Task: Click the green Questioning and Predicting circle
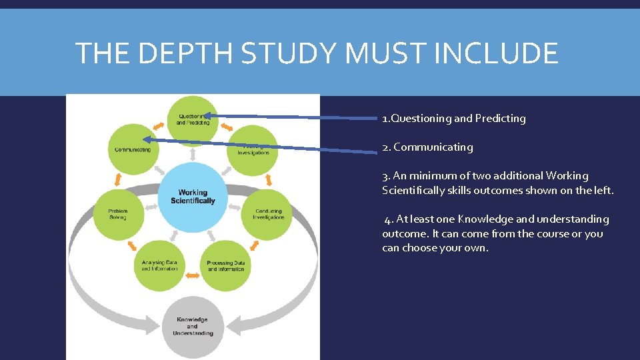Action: (x=193, y=119)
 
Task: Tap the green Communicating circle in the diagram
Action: (x=133, y=149)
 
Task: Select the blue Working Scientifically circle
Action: (x=193, y=197)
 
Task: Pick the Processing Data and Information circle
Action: (x=225, y=265)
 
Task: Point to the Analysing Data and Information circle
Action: (x=160, y=265)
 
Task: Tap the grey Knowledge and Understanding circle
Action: (x=193, y=326)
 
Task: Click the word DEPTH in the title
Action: (x=181, y=53)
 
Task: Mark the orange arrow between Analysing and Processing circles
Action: (x=193, y=274)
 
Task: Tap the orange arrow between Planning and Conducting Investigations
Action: (x=269, y=180)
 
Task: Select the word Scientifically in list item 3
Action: (x=417, y=191)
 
